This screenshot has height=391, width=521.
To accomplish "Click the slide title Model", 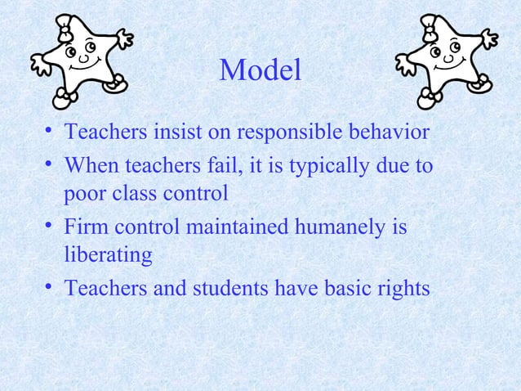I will click(x=260, y=71).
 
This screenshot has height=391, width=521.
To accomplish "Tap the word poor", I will click(x=86, y=195).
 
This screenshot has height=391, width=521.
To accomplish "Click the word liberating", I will click(x=108, y=255).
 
